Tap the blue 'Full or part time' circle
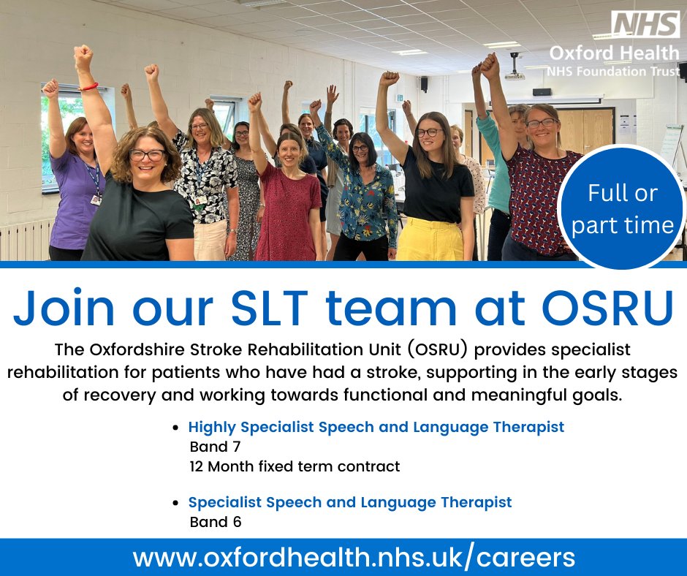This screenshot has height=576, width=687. [622, 208]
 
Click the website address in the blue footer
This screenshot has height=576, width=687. [354, 558]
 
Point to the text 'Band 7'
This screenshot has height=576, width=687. [215, 447]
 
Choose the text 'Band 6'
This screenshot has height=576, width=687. [216, 522]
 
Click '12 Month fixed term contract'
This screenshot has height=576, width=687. [295, 466]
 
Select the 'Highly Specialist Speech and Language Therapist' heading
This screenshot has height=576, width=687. [376, 427]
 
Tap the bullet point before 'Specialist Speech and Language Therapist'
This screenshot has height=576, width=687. [176, 503]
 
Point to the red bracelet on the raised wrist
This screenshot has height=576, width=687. [89, 87]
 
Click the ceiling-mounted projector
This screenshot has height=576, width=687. [515, 70]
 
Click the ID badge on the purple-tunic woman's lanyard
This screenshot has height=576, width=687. [96, 200]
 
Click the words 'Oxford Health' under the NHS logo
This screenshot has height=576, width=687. [614, 53]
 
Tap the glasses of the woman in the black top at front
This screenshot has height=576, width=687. [147, 155]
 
